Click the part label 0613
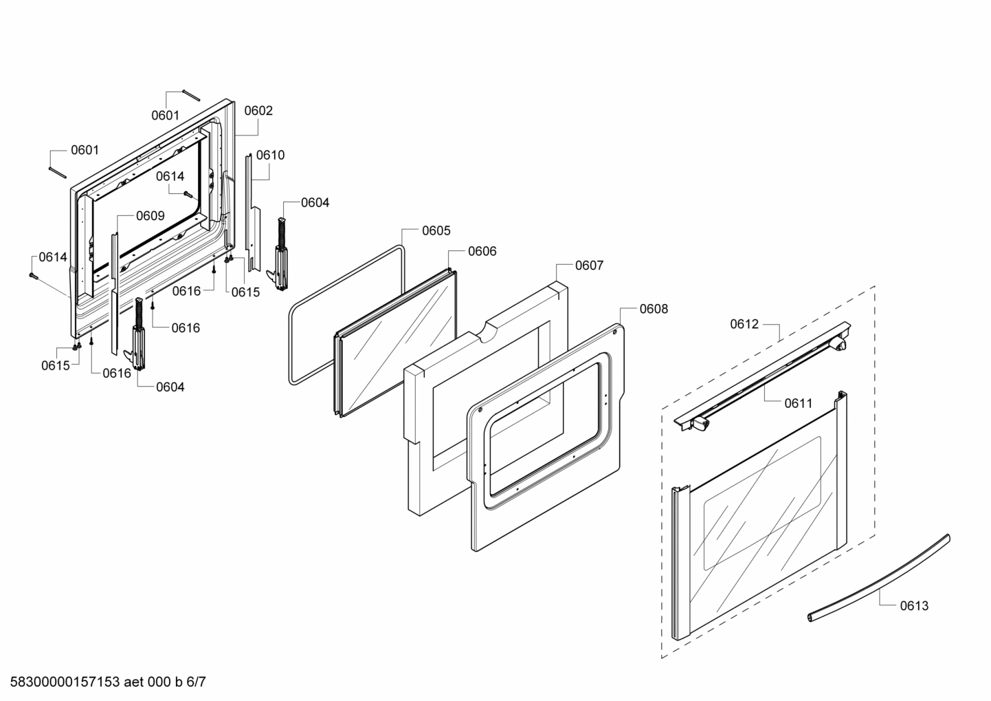(x=913, y=605)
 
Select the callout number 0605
(x=436, y=230)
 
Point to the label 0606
(x=482, y=251)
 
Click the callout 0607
(x=589, y=265)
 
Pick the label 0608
(x=653, y=309)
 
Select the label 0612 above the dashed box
(x=744, y=324)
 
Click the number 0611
(x=798, y=403)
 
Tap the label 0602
(x=258, y=111)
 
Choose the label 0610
(x=270, y=155)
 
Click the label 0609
(x=150, y=216)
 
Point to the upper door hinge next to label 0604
(x=282, y=255)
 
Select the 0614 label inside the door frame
(x=170, y=176)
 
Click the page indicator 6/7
(x=196, y=682)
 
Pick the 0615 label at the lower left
(x=55, y=365)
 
